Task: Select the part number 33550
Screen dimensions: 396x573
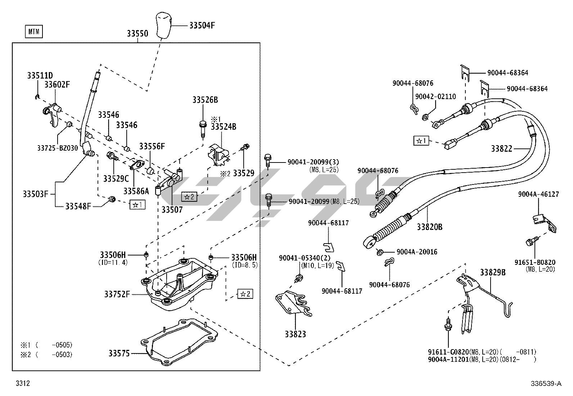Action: pos(137,34)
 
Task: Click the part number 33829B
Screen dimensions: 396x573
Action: pos(492,272)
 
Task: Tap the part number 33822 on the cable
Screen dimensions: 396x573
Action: pos(501,148)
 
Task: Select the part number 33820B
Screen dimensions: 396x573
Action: pos(429,227)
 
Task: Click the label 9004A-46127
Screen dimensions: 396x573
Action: pos(538,194)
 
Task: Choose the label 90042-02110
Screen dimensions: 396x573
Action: pos(436,97)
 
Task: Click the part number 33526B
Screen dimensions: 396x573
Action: pos(205,100)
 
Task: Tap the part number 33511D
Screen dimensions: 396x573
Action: pos(40,76)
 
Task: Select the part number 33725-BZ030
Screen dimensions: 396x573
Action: pos(58,148)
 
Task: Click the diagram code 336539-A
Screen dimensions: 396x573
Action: pos(545,383)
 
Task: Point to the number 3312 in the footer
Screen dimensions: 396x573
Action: pos(22,383)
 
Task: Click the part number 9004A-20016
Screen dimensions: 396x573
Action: pos(417,252)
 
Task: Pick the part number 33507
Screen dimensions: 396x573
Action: pos(172,209)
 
